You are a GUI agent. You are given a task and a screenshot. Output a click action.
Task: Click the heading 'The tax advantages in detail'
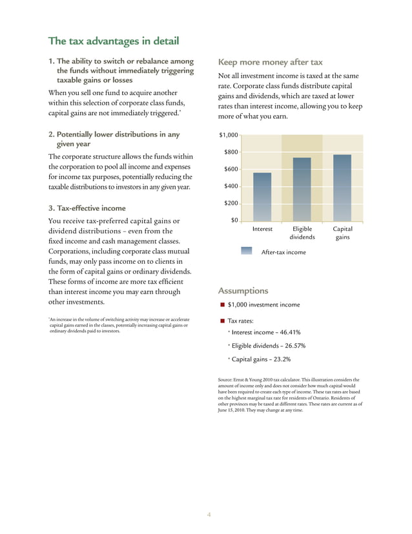click(x=114, y=42)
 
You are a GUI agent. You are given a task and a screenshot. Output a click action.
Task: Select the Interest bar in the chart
click(x=262, y=197)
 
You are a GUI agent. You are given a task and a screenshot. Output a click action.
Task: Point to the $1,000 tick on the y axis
click(x=229, y=135)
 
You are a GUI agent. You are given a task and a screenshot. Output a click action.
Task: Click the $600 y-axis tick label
click(x=231, y=169)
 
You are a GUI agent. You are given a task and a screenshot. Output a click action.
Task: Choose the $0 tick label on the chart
click(x=235, y=220)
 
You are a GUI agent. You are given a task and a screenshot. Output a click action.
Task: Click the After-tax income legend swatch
click(x=246, y=251)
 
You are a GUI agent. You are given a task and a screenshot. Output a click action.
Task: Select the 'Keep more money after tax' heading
click(x=271, y=63)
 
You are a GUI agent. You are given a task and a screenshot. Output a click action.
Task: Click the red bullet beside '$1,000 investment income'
click(x=221, y=305)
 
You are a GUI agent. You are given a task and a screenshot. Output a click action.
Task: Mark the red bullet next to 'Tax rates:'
click(x=221, y=321)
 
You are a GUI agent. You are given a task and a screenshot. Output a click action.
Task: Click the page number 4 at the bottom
click(x=209, y=515)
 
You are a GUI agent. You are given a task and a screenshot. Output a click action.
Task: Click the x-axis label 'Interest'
click(x=262, y=229)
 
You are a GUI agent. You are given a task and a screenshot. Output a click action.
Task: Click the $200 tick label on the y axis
click(x=231, y=203)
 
